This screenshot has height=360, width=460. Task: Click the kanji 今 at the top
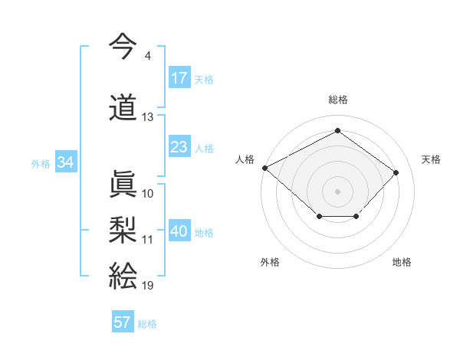[x=123, y=45]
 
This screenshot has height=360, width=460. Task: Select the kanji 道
[x=123, y=108]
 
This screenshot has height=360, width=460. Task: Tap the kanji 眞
[x=123, y=184]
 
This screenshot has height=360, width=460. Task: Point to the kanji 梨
[x=123, y=229]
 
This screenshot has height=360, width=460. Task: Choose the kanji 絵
[x=123, y=275]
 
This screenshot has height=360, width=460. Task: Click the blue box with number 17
[x=179, y=78]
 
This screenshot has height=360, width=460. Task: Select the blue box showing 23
[x=179, y=148]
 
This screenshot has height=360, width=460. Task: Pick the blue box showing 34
[x=66, y=162]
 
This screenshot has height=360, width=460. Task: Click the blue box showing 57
[x=123, y=322]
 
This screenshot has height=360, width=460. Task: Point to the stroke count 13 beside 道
[x=148, y=117]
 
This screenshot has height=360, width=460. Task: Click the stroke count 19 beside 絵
[x=148, y=286]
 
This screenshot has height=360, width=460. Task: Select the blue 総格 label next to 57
[x=147, y=323]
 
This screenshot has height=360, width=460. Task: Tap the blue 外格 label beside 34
[x=41, y=163]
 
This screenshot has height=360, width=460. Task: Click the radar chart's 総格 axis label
[x=338, y=100]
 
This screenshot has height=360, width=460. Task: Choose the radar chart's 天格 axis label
[x=431, y=159]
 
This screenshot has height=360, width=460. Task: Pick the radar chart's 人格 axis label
[x=245, y=159]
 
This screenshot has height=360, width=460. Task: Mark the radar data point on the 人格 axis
[x=264, y=168]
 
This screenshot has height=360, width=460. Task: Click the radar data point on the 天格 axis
[x=396, y=172]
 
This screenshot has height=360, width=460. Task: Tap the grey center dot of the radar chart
[x=337, y=191]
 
